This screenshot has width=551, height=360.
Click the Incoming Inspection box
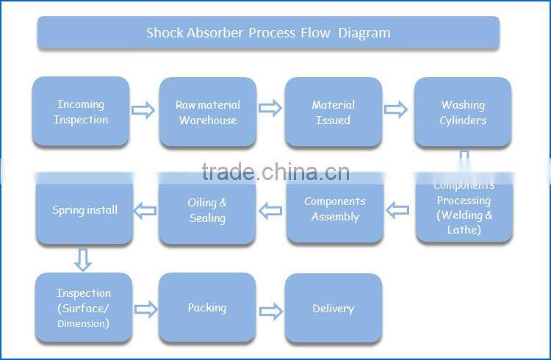[x=81, y=112]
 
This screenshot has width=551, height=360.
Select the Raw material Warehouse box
[x=207, y=112]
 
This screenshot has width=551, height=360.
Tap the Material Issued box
[x=333, y=112]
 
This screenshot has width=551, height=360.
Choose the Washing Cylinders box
[x=462, y=112]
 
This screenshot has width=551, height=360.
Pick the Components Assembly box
[x=334, y=209]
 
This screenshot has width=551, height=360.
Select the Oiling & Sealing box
[x=207, y=210]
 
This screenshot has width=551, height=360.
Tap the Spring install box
[x=84, y=210]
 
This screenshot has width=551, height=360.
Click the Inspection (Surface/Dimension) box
[x=84, y=308]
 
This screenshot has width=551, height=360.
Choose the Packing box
[x=206, y=308]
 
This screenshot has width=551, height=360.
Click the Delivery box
[x=333, y=309]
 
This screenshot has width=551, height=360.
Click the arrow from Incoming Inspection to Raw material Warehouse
[x=143, y=110]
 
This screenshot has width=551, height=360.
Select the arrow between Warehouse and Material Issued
[x=270, y=109]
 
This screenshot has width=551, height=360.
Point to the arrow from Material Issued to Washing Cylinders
[x=396, y=110]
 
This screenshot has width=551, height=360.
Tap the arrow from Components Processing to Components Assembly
[x=397, y=211]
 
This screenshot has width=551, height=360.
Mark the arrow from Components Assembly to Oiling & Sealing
[x=270, y=212]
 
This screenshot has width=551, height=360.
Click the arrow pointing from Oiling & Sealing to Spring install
[x=145, y=211]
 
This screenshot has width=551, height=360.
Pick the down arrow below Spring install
[x=83, y=259]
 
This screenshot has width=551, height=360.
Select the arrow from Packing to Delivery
[x=271, y=311]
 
